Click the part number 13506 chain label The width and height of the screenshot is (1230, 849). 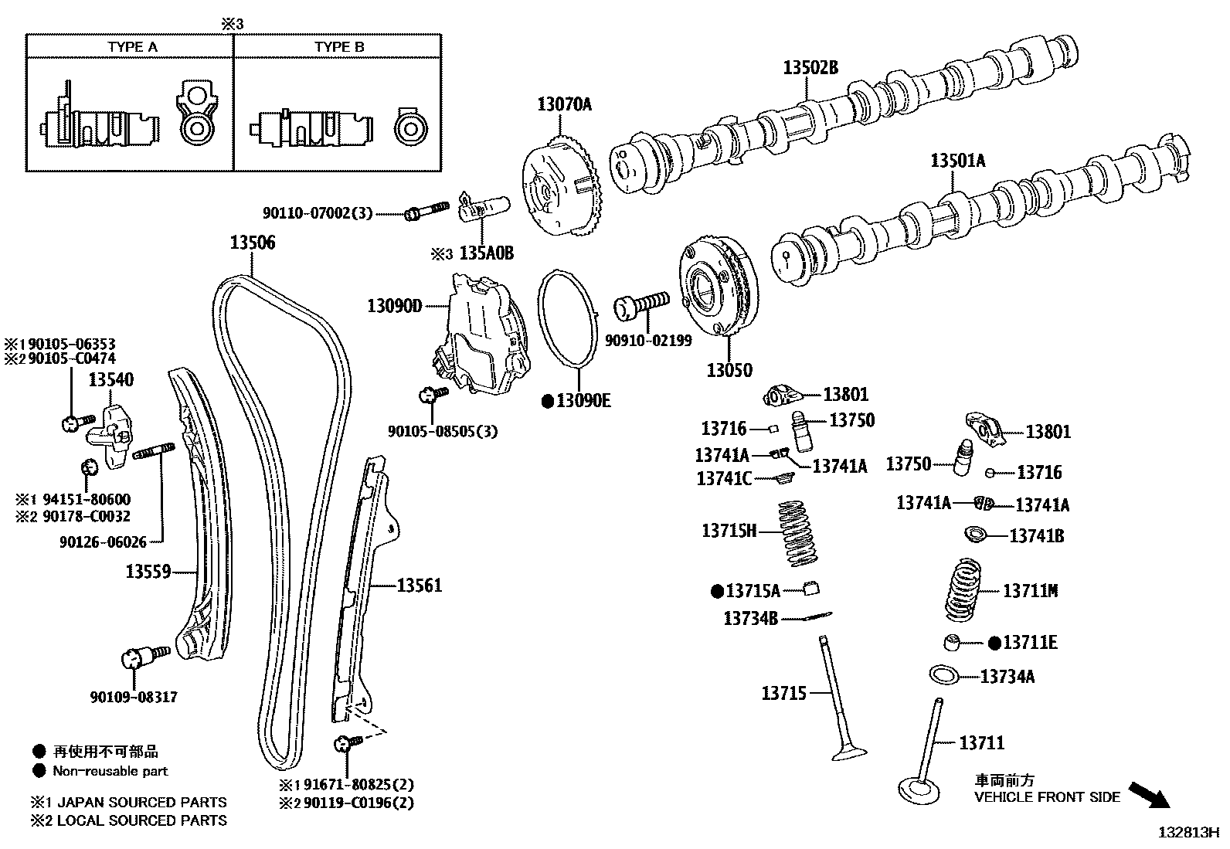[x=252, y=243]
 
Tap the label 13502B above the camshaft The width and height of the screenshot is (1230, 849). [x=810, y=68]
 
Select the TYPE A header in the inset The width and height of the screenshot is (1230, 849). [x=132, y=47]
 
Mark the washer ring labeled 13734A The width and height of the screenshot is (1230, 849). [x=943, y=674]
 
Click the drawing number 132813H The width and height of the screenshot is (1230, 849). [x=1187, y=833]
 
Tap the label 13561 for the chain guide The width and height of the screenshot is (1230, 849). [x=419, y=586]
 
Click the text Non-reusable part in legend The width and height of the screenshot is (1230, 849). [x=110, y=770]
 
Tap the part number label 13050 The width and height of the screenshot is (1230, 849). [x=729, y=370]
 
